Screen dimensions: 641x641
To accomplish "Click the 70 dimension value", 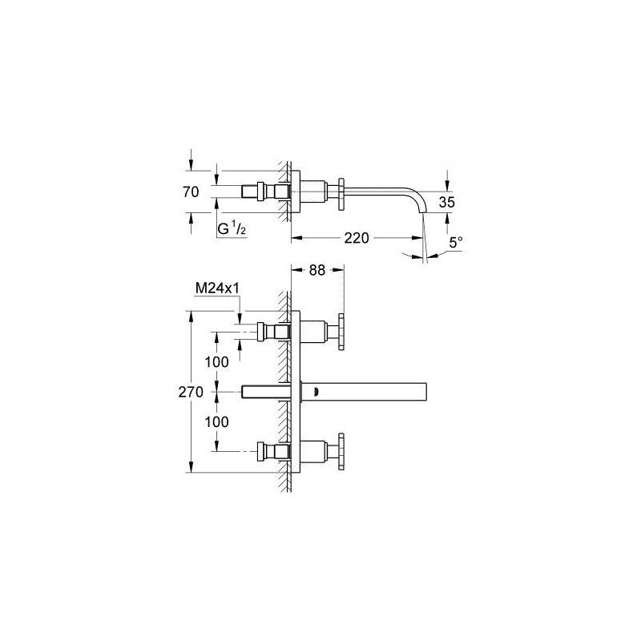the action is pos(191,191).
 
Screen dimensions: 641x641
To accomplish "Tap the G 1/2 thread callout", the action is pos(232,229).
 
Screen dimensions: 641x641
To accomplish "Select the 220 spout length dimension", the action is pos(357,237).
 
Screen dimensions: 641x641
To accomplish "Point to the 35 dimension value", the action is pos(446,202).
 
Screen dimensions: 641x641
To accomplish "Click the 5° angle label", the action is pos(456,243).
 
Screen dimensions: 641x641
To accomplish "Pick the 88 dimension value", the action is pos(316,270).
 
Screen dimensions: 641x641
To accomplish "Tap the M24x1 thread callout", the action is pos(217,288).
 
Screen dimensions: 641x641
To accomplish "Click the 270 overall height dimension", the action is pos(191,392).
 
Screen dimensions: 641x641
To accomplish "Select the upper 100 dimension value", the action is pos(216,362).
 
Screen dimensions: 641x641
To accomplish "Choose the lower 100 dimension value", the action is pos(216,422).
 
